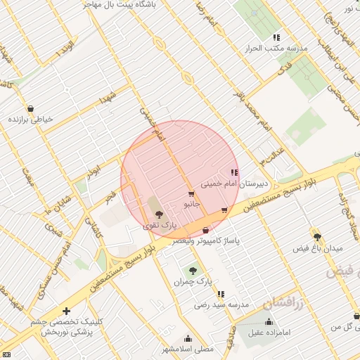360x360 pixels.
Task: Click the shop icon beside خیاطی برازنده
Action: pos(30,109)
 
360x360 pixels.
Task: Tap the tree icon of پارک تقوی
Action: pos(158,214)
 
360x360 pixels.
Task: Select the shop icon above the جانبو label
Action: pos(191,193)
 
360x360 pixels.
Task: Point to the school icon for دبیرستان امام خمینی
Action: pos(233,172)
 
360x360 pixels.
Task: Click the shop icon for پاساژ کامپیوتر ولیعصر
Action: pos(205,230)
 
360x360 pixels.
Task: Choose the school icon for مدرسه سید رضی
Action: pos(221,294)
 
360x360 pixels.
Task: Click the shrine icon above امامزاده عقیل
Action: pos(269,322)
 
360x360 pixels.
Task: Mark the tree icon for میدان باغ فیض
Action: pos(317,237)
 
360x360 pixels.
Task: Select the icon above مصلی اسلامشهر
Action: pos(187,338)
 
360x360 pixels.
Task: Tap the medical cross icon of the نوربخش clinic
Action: pos(66,310)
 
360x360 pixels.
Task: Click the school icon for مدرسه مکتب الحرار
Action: pos(276,37)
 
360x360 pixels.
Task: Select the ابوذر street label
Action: pos(95,168)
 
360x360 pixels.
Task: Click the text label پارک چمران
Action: pos(193,282)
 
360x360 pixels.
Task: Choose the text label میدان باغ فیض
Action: pos(318,249)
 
